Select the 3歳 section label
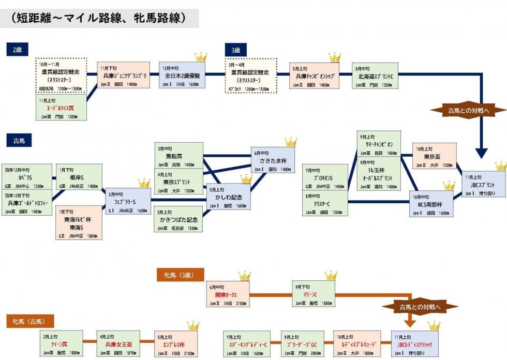(236, 50)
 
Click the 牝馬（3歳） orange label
(181, 275)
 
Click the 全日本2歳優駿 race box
(182, 76)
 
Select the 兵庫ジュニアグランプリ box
(124, 76)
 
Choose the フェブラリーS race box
(129, 201)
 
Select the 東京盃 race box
(434, 156)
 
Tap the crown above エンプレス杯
(193, 326)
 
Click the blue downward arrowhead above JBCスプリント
(482, 153)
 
